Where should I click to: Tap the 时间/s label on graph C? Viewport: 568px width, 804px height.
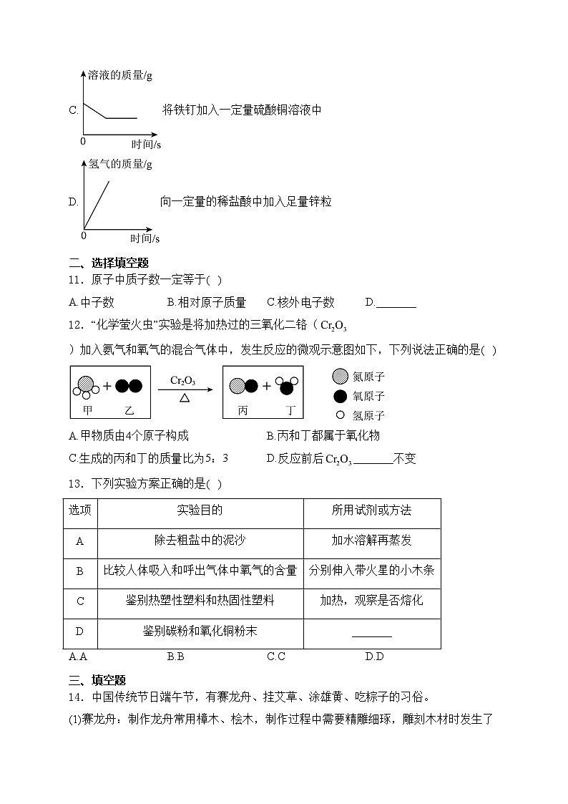coord(146,144)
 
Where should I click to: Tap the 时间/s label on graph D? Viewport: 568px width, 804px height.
coord(145,238)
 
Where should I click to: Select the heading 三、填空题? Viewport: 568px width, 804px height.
coord(97,680)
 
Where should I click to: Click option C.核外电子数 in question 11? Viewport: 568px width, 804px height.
coord(300,303)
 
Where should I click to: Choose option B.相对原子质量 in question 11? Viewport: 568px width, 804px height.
coord(206,303)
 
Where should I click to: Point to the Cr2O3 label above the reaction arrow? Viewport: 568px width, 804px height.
coord(184,380)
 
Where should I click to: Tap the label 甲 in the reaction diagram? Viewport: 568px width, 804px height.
coord(89,410)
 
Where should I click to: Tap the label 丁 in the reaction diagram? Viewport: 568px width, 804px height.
coord(290,410)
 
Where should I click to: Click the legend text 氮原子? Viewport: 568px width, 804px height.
coord(369,377)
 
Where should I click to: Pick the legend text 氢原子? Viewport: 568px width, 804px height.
coord(369,415)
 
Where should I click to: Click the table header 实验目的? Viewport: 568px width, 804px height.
coord(200,510)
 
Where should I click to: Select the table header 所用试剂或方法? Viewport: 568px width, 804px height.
coord(371,510)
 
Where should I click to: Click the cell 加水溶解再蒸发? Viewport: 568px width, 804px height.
coord(371,541)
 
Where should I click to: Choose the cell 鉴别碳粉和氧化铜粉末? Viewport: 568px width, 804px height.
coord(200,631)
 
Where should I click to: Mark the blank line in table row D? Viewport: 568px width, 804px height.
coord(371,634)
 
